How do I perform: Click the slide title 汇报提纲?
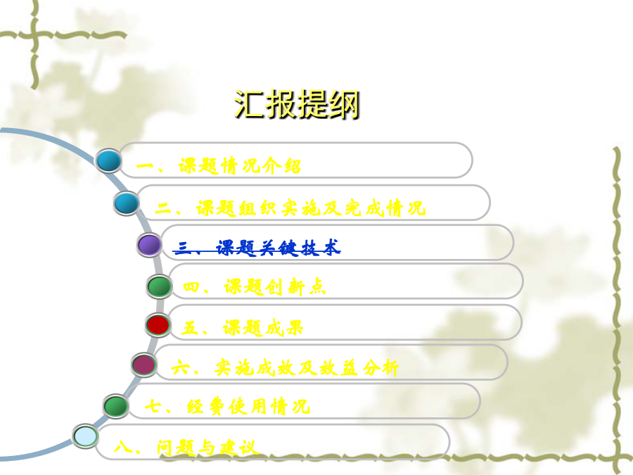297,104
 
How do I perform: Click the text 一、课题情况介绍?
219,166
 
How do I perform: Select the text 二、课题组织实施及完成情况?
290,208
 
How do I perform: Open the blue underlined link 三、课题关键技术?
257,248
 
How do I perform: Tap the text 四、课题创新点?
254,287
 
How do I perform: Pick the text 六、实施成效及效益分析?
285,368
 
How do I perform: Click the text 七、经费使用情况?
227,407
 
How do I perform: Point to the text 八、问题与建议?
185,448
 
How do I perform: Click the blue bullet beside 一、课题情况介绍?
108,160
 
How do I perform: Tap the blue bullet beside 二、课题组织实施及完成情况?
127,203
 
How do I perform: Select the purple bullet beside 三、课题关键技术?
149,245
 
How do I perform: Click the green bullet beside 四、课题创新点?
159,286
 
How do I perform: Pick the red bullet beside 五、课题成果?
158,325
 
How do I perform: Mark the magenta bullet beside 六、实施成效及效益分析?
144,365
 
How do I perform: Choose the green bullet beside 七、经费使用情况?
116,406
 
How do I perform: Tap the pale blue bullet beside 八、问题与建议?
86,436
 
